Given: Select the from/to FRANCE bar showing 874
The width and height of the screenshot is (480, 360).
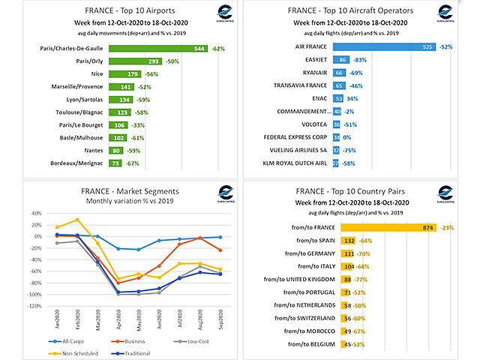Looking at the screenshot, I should tap(388, 226).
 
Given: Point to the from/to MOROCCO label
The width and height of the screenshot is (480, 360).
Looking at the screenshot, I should tap(307, 331).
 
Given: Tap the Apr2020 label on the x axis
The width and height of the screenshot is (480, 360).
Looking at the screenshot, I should tap(117, 319).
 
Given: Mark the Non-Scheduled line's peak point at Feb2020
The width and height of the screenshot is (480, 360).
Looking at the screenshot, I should tap(76, 220).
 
